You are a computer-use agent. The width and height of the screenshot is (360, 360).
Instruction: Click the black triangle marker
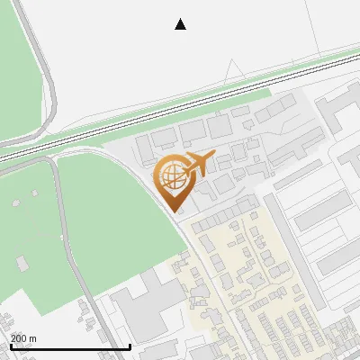click(181, 24)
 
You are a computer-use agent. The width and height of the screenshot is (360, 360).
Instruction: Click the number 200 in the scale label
click(19, 338)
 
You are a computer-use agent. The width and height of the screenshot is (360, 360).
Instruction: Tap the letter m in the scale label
click(32, 338)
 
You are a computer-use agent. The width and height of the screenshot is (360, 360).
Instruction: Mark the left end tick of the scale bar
click(10, 345)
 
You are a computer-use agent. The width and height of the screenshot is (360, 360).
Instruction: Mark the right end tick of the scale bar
click(130, 345)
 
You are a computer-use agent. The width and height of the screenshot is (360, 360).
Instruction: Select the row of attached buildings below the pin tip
click(220, 220)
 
